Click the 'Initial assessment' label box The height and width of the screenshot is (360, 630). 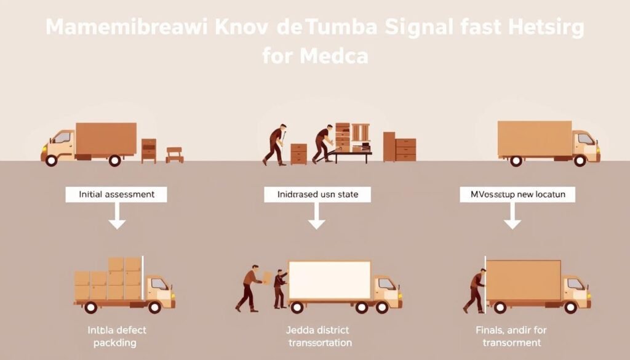point(117,194)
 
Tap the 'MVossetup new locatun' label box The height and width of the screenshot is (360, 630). point(517,194)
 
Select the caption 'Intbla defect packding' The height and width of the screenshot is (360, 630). point(117,337)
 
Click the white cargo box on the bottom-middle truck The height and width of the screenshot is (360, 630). point(330,280)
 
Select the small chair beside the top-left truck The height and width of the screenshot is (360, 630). point(175,154)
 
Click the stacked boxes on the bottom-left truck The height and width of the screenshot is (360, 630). point(109,279)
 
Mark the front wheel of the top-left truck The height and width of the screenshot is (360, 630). point(52,160)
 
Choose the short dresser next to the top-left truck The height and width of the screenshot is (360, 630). point(149,150)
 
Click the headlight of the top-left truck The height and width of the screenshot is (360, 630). point(44,148)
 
